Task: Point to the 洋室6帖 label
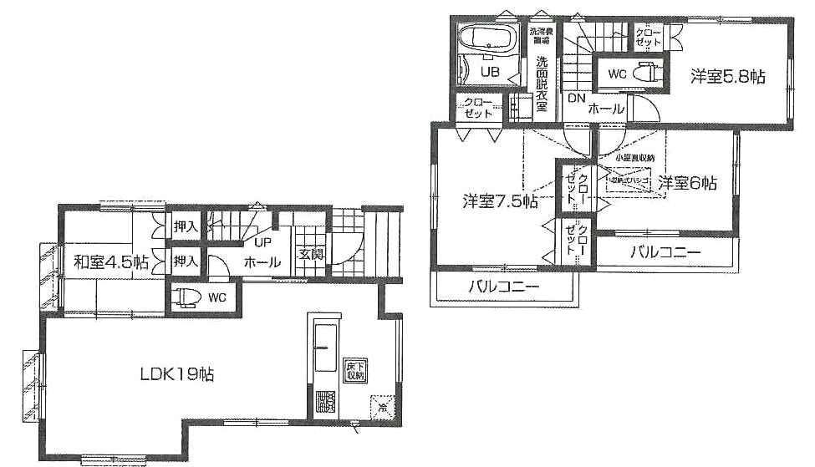point(686,183)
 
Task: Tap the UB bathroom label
point(489,73)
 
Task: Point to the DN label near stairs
point(577,98)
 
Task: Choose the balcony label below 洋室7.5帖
point(503,287)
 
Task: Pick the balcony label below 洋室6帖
point(665,251)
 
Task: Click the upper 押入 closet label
point(186,226)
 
